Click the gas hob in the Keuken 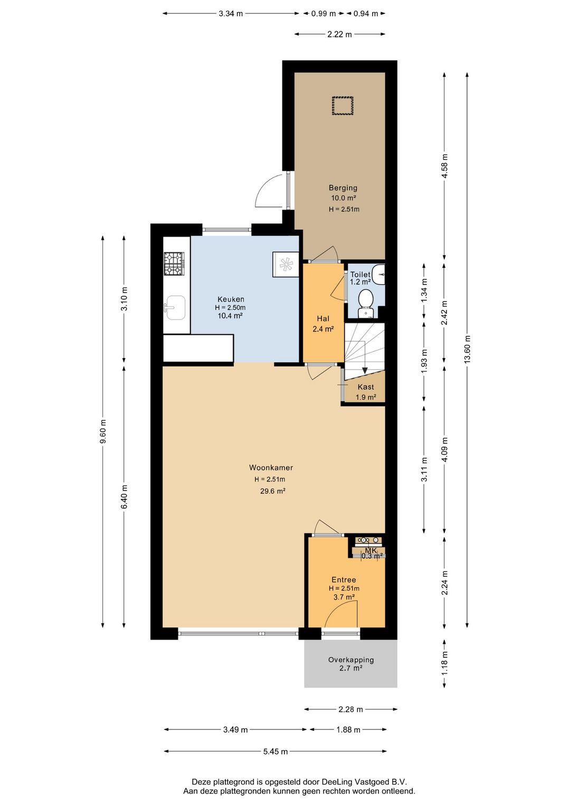(174, 264)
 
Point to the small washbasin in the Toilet (378, 275)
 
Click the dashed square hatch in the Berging (343, 106)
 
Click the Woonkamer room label (271, 468)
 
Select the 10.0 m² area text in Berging (344, 198)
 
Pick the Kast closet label (366, 387)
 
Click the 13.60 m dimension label (467, 349)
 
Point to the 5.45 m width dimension (275, 751)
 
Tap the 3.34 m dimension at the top (231, 14)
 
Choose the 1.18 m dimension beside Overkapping (444, 658)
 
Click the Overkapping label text (351, 660)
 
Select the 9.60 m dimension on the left (103, 432)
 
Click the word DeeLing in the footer (338, 782)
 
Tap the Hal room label (323, 318)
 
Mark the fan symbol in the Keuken (286, 265)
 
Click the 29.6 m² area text (272, 491)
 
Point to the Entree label (344, 579)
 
